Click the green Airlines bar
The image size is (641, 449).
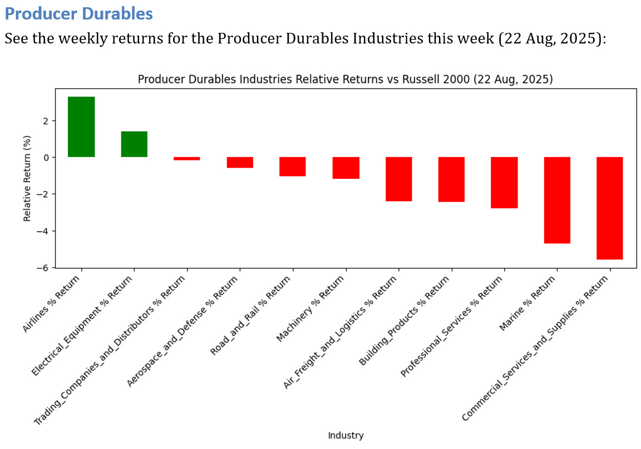point(81,127)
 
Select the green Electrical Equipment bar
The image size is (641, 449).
point(134,144)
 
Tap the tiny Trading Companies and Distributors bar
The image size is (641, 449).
point(187,159)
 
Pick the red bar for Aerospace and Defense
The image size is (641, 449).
point(240,162)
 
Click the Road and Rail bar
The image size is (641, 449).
point(293,167)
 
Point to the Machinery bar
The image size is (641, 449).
point(346,168)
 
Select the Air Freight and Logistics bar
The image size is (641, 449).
point(398,179)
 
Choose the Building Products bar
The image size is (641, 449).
point(451,179)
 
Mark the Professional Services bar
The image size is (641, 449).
point(504,183)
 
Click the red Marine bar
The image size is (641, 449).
point(557,200)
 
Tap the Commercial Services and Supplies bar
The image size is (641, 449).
point(610,208)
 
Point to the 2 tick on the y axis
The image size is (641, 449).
point(48,121)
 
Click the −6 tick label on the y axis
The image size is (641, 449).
point(46,267)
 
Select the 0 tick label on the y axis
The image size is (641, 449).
point(48,158)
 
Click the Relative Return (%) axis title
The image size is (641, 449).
point(27,178)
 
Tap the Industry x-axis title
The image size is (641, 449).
point(346,436)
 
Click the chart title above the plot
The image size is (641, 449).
point(345,79)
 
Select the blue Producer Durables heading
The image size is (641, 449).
point(78,13)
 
